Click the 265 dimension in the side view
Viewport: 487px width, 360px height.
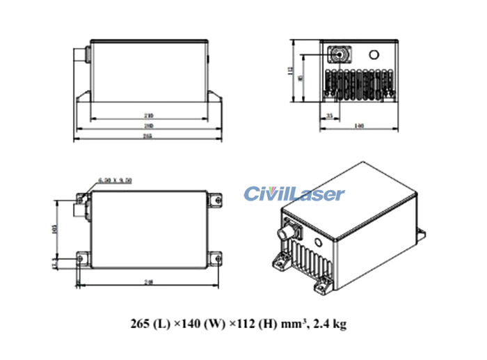click(x=147, y=137)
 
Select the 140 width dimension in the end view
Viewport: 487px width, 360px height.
click(x=359, y=126)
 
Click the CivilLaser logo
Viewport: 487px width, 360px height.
click(x=294, y=194)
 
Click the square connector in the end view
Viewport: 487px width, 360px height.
click(x=340, y=54)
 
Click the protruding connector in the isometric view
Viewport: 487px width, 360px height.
click(x=287, y=230)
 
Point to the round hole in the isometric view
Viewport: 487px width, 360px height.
click(x=319, y=242)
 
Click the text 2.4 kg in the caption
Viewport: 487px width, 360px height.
click(x=329, y=324)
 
